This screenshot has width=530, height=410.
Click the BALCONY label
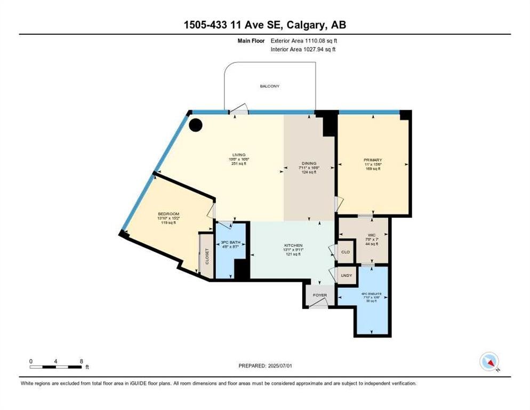[x=269, y=86]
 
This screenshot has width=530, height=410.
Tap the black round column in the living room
[x=196, y=125]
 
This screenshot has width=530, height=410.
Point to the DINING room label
[x=308, y=163]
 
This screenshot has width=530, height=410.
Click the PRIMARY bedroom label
[x=373, y=160]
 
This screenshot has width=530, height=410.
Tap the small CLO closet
[x=345, y=251]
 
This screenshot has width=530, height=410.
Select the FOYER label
[x=320, y=294]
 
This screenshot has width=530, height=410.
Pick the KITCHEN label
[x=293, y=246]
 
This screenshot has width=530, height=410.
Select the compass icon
[x=488, y=361]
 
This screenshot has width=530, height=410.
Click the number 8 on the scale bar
[x=81, y=361]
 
